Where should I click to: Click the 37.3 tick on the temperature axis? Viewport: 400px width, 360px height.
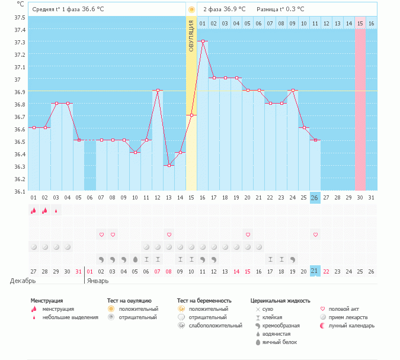tap(20, 42)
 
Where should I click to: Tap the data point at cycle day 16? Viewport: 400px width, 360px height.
tap(203, 41)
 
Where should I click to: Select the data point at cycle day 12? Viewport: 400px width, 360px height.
tap(158, 91)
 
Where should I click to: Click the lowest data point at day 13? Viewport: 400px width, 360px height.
tap(169, 165)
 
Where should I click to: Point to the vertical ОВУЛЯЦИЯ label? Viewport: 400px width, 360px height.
tap(191, 36)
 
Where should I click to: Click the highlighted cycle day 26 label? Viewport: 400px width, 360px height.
tap(315, 197)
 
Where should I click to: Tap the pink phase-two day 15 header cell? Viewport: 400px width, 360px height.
tap(360, 23)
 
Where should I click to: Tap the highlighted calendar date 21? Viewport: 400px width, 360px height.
tap(315, 271)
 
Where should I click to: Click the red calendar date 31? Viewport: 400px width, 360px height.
tap(79, 271)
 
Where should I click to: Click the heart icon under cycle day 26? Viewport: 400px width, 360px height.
tap(315, 235)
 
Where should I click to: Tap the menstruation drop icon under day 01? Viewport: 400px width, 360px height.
tap(33, 210)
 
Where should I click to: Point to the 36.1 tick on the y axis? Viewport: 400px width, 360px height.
tap(20, 191)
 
